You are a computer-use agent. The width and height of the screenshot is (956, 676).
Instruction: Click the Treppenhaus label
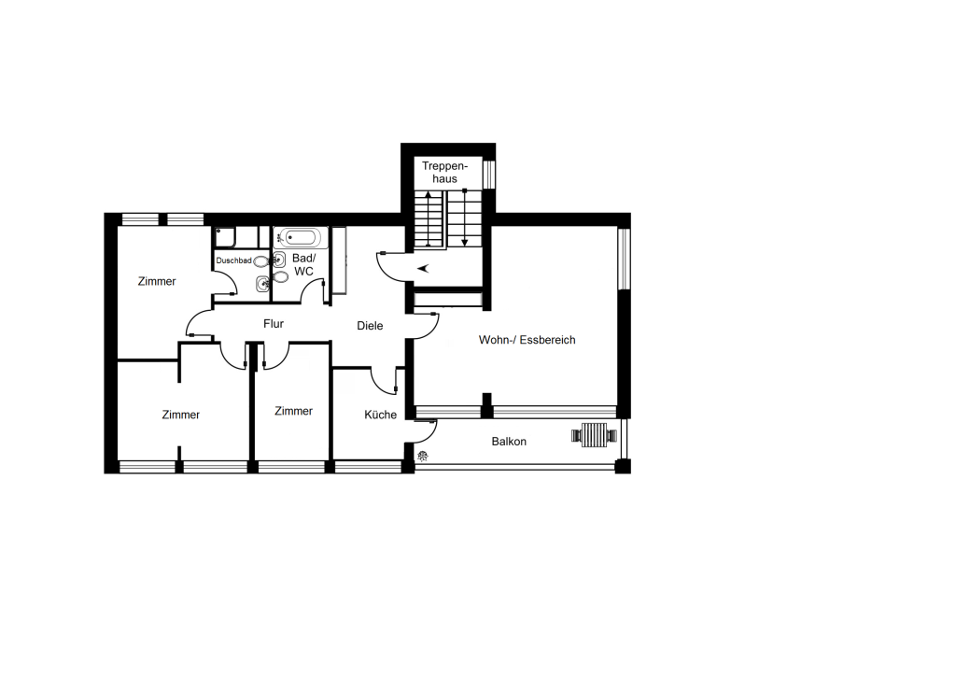click(x=444, y=173)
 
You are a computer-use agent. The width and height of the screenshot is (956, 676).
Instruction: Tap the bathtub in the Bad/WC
click(x=301, y=237)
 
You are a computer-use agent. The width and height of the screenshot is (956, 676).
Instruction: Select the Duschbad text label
click(x=233, y=261)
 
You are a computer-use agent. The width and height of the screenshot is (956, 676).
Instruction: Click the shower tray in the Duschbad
click(x=225, y=237)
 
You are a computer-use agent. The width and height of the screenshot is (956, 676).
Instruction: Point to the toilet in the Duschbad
click(x=261, y=261)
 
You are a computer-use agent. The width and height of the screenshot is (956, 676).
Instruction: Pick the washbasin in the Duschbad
click(x=262, y=283)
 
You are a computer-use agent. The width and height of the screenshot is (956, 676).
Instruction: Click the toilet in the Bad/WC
click(x=281, y=277)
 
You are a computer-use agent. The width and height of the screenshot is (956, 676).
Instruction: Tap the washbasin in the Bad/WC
click(x=279, y=260)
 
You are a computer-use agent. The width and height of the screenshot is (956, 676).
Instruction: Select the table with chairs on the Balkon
click(x=594, y=435)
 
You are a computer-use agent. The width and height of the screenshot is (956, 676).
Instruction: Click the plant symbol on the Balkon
click(x=423, y=456)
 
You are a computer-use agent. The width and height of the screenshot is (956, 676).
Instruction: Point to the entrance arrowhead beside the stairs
click(x=423, y=268)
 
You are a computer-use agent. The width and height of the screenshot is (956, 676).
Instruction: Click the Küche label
click(x=381, y=415)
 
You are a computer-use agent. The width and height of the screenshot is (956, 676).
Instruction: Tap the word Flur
click(x=274, y=324)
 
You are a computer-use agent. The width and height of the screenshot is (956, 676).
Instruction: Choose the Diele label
click(x=370, y=326)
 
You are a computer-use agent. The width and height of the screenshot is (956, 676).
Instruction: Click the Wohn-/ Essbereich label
click(x=527, y=340)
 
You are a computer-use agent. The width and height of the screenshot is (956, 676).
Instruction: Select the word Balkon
click(x=509, y=442)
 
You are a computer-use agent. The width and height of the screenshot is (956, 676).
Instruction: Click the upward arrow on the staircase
click(x=429, y=218)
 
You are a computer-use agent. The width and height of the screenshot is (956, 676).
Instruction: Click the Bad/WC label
click(x=303, y=264)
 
